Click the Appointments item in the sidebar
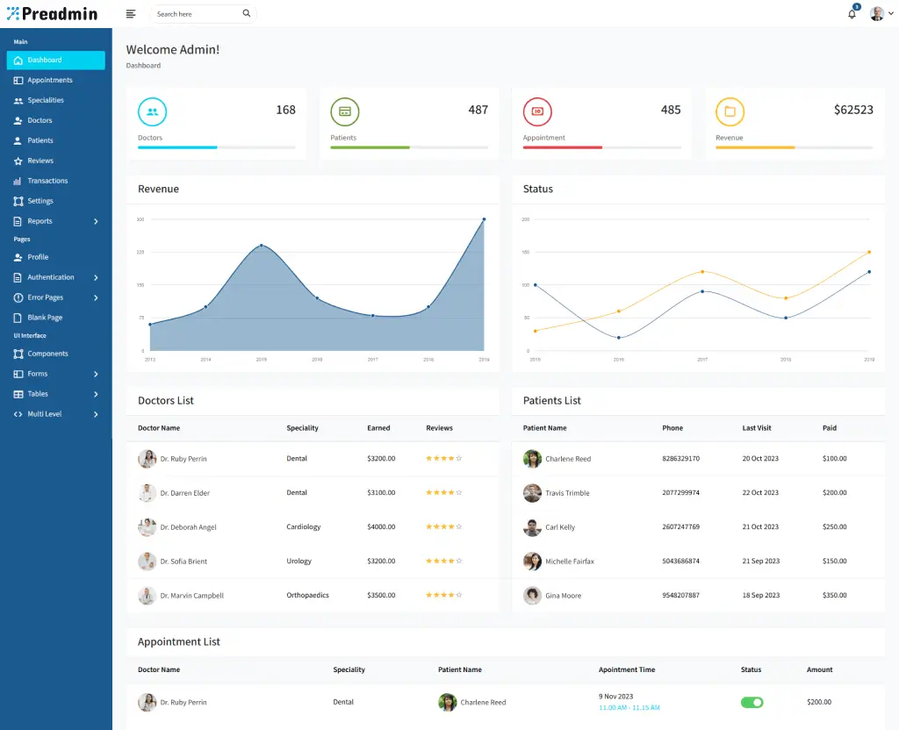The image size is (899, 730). point(49,80)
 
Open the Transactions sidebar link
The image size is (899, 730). point(47,181)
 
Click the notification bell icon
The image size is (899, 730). point(852,14)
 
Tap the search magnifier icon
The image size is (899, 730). point(246,14)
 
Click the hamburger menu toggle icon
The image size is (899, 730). point(131,14)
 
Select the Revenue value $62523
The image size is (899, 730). point(852,110)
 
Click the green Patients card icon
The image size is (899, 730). point(345,111)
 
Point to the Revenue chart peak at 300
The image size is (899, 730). point(484,219)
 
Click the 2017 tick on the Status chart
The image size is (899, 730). point(701,360)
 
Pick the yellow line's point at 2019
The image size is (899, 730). point(869,252)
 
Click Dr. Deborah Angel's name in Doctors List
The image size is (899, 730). point(188,527)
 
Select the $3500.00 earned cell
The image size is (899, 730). point(381,595)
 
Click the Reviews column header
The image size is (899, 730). point(439,428)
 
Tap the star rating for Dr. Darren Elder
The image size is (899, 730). point(443,493)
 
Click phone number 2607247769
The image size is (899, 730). point(680,527)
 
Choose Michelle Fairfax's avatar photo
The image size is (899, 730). point(532,562)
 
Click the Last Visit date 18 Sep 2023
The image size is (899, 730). point(760,595)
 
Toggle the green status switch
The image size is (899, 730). point(752,702)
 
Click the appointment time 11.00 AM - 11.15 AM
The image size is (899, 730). point(629,707)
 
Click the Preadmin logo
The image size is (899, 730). point(53,14)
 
